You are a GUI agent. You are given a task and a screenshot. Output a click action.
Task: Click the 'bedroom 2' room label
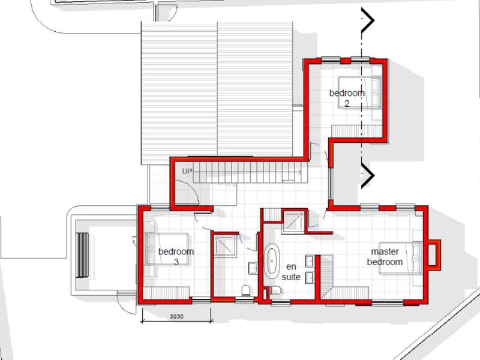(347, 98)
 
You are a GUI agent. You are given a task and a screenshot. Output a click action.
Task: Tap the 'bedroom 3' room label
(176, 257)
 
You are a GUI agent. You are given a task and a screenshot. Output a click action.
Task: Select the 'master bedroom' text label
(385, 257)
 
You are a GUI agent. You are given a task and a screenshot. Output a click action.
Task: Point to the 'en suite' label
(291, 272)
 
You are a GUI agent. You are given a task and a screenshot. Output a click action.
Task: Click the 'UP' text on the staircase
(187, 172)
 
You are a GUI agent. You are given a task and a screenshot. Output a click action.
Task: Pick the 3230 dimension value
(176, 316)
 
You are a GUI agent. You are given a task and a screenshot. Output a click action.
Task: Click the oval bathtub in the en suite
(271, 261)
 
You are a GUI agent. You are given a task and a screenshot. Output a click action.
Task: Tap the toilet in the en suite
(275, 290)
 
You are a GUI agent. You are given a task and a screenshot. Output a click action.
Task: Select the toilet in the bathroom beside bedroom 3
(246, 290)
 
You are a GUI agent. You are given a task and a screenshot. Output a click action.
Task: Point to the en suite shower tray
(293, 221)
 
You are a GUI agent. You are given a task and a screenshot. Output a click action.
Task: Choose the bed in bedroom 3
(167, 249)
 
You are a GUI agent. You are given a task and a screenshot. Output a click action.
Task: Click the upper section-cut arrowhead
(368, 20)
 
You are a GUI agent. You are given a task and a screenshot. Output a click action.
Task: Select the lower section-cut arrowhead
(368, 175)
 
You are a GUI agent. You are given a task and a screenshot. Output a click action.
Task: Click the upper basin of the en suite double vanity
(310, 262)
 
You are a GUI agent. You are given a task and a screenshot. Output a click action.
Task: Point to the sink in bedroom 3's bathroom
(253, 268)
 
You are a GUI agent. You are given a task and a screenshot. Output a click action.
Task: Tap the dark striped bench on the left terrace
(82, 255)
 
